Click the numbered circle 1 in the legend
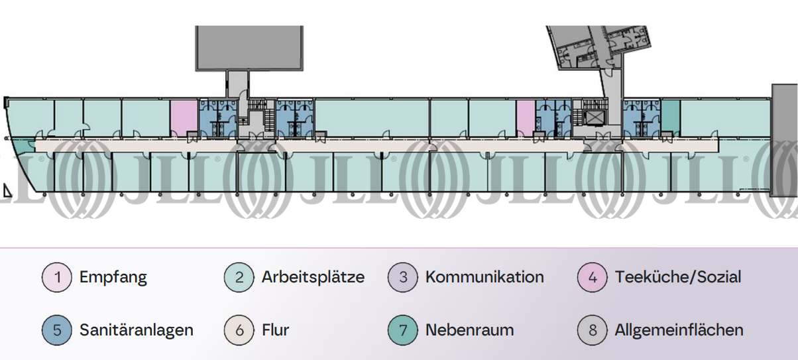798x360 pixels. [x=58, y=277]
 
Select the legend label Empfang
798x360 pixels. [x=113, y=277]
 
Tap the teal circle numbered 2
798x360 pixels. [x=240, y=277]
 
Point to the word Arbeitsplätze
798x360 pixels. [x=313, y=277]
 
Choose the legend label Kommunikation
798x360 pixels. [x=484, y=277]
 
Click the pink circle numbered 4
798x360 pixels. [x=593, y=277]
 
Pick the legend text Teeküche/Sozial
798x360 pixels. [x=678, y=277]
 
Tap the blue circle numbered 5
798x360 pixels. [x=58, y=330]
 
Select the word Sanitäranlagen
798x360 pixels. [x=137, y=330]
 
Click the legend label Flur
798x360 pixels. [x=275, y=330]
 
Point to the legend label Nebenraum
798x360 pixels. [x=469, y=330]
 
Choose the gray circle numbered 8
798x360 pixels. [x=593, y=330]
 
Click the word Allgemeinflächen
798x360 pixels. [x=679, y=330]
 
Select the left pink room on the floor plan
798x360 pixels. [x=184, y=117]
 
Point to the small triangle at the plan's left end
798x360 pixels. [x=7, y=192]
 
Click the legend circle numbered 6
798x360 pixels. [x=240, y=330]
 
